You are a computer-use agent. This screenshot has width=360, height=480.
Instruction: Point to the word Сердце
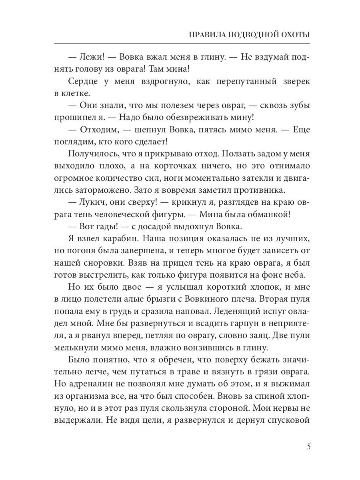click(x=82, y=82)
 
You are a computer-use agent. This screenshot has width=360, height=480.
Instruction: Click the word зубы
click(x=297, y=106)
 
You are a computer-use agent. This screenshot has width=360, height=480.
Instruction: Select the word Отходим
click(x=98, y=130)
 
